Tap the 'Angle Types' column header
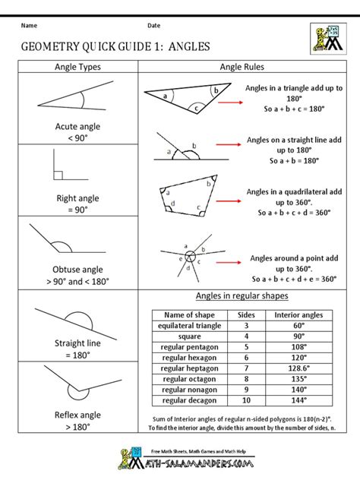[x=77, y=67]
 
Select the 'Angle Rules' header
[x=242, y=67]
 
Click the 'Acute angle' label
[x=77, y=127]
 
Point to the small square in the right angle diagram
[x=58, y=175]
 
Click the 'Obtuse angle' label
[x=77, y=269]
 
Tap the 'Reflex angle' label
[x=77, y=415]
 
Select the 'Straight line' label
[x=77, y=343]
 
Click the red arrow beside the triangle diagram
[x=227, y=98]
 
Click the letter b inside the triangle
[x=215, y=90]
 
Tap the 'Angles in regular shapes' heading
[x=242, y=295]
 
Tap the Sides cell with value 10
[x=246, y=399]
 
